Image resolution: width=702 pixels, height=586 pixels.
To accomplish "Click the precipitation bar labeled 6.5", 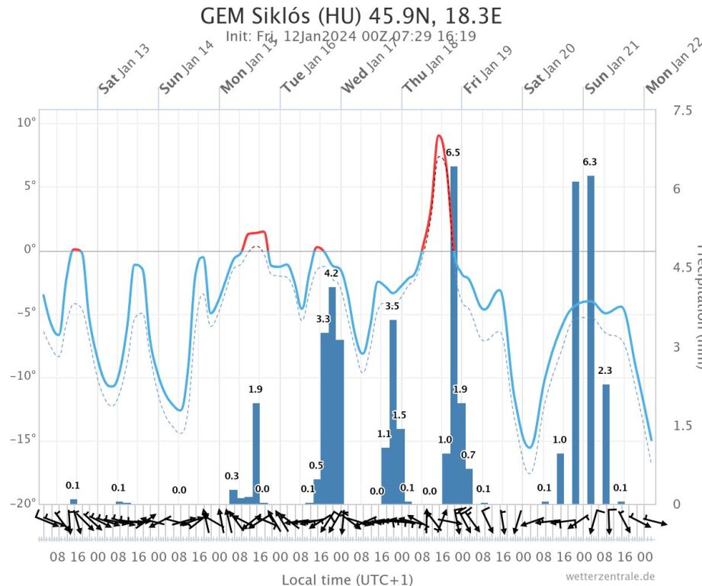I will (x=454, y=328).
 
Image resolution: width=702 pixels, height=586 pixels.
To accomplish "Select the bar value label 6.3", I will (x=590, y=162).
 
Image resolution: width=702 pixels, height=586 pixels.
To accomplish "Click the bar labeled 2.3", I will (x=606, y=443).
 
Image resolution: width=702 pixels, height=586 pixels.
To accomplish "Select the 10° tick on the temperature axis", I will (x=27, y=124).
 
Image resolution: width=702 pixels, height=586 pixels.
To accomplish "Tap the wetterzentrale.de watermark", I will (x=610, y=577).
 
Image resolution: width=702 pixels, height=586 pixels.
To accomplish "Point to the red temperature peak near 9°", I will (x=439, y=137).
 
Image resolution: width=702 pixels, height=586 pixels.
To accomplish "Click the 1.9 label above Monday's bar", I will (x=256, y=390).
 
